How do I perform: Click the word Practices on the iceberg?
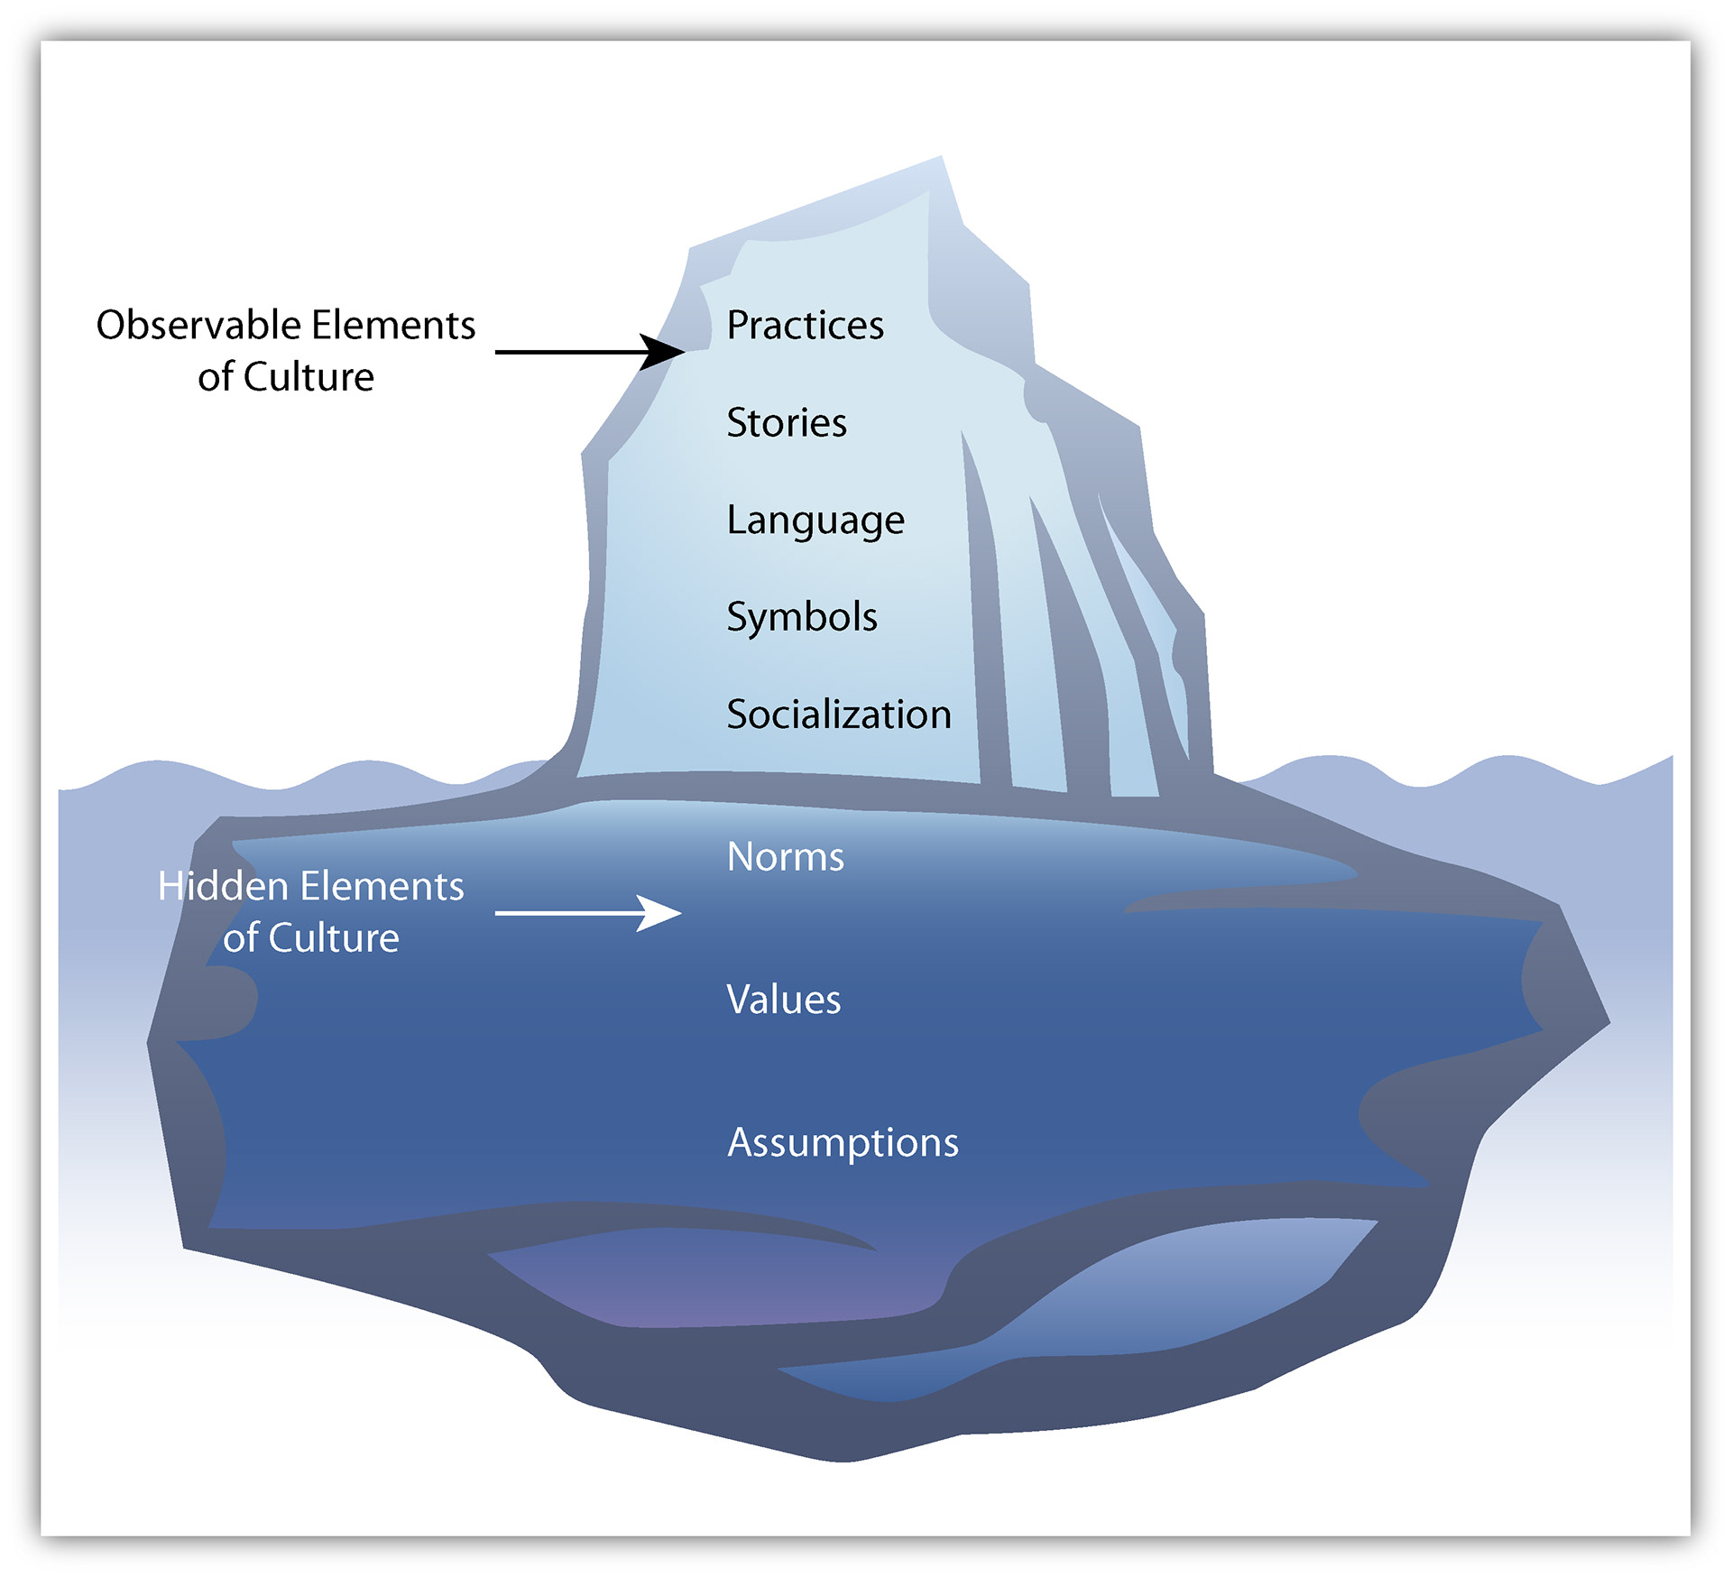[805, 326]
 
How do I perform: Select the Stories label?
[787, 423]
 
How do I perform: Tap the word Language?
[815, 521]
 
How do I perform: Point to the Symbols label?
[802, 618]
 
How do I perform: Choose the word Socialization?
[839, 715]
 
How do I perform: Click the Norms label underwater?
[786, 857]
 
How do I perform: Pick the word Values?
[784, 1000]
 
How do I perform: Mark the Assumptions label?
[843, 1143]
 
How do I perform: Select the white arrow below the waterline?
[586, 913]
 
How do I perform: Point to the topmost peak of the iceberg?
[941, 160]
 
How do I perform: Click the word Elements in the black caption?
[393, 325]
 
